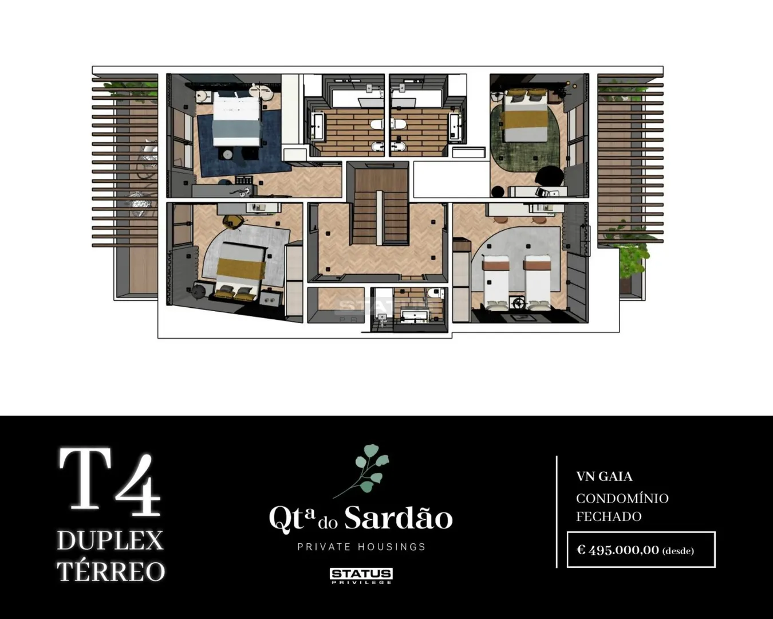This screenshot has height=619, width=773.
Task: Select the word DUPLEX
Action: pos(111,540)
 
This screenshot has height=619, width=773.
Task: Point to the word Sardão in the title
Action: pos(399,518)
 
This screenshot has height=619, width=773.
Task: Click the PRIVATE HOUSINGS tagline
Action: pos(361,547)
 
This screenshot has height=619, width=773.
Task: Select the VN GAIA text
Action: pos(604,476)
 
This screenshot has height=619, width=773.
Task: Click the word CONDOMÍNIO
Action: pos(622,499)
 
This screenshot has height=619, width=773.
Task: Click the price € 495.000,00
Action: pos(618,550)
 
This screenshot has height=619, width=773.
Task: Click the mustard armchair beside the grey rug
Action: pos(234,221)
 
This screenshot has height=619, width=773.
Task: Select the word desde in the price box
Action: pos(678,551)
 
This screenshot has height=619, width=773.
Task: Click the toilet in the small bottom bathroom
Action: pos(436,293)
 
